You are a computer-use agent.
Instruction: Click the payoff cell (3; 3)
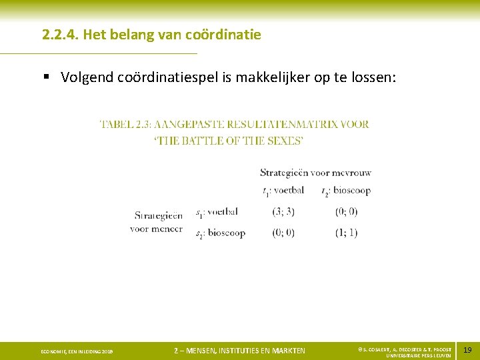(283, 212)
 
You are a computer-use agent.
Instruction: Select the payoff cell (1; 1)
(347, 233)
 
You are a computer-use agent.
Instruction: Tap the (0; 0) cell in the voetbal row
(347, 212)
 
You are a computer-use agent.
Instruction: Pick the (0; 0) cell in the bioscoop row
(283, 233)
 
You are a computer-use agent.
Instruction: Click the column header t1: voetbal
(283, 191)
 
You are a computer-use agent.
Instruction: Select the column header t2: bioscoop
(345, 191)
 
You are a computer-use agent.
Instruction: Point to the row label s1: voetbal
(217, 212)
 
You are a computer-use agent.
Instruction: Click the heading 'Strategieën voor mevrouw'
(315, 173)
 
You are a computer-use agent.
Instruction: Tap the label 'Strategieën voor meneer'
(157, 222)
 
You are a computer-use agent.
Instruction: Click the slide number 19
(467, 350)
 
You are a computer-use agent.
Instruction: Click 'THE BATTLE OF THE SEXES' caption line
(229, 141)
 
